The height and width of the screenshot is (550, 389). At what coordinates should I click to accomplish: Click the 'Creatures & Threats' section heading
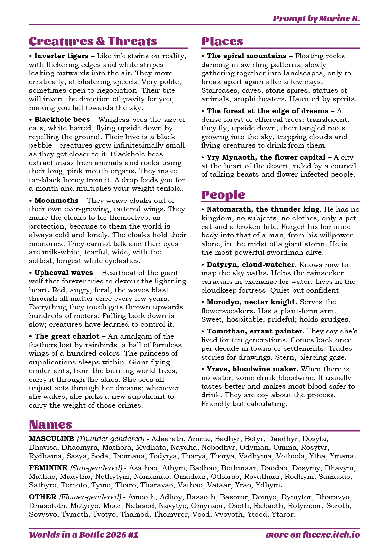click(x=93, y=41)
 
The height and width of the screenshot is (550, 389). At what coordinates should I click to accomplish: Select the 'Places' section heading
click(x=222, y=41)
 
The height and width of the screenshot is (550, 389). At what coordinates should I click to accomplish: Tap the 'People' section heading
click(x=223, y=195)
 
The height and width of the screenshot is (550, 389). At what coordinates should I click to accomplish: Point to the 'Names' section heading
click(x=50, y=425)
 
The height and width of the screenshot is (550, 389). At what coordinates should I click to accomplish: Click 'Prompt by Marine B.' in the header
click(x=316, y=18)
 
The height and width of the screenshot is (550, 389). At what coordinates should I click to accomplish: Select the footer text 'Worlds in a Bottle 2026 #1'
click(x=84, y=535)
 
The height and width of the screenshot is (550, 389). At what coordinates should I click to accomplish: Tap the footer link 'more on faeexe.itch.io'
click(x=313, y=535)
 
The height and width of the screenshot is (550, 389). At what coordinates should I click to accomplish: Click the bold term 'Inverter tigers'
click(x=61, y=56)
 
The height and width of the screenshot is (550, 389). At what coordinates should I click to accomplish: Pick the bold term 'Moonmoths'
click(x=57, y=201)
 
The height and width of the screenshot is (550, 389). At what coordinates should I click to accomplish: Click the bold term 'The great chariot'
click(x=67, y=336)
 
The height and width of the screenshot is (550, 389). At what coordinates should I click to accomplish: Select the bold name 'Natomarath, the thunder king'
click(x=263, y=209)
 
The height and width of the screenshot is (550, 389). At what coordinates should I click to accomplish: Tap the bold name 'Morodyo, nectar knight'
click(x=251, y=302)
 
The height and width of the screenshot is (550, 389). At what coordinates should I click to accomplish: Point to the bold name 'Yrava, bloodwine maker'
click(x=251, y=369)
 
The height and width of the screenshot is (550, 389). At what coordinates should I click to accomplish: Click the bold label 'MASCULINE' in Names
click(x=52, y=439)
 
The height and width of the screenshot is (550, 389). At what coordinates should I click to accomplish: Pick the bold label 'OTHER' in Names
click(x=43, y=497)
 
